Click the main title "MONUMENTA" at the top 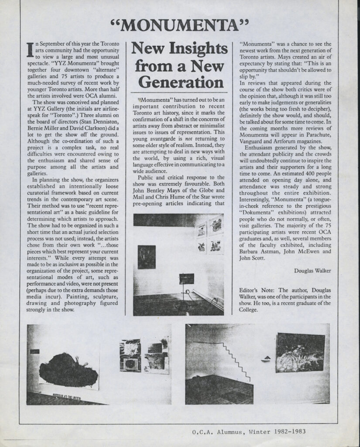[x=180, y=25]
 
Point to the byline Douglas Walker [x=312, y=271]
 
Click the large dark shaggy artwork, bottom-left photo [x=69, y=370]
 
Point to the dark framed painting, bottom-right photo [x=300, y=353]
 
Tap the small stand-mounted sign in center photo [x=186, y=279]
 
